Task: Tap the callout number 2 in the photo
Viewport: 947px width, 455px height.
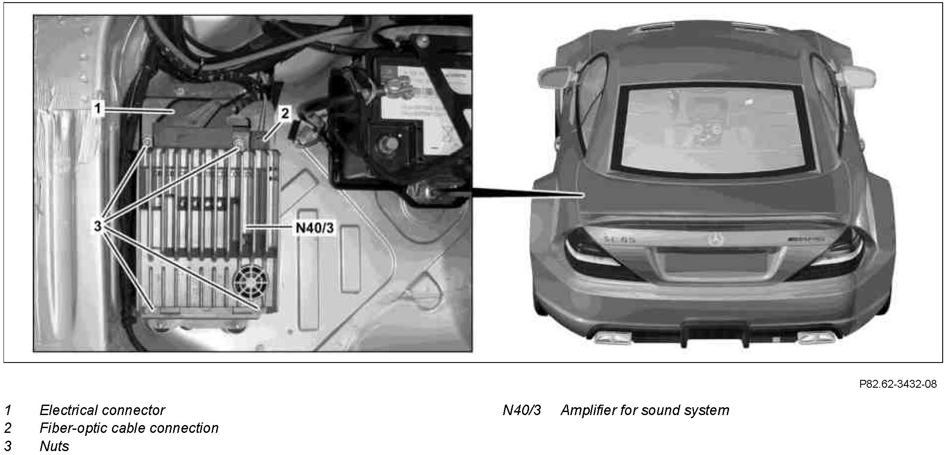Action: [285, 114]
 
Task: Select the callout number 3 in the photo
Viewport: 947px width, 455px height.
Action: [98, 226]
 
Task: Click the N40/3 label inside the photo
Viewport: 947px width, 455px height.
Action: [315, 227]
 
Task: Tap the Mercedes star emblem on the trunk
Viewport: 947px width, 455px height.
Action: [715, 239]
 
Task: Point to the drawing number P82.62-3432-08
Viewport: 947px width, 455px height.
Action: [898, 384]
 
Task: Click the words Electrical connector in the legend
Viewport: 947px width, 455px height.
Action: [102, 410]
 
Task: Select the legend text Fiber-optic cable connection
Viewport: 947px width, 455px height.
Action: [129, 428]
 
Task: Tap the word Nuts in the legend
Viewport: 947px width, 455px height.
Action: [54, 446]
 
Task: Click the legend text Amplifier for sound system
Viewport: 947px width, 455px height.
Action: [644, 410]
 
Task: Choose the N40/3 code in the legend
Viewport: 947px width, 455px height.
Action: [522, 410]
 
